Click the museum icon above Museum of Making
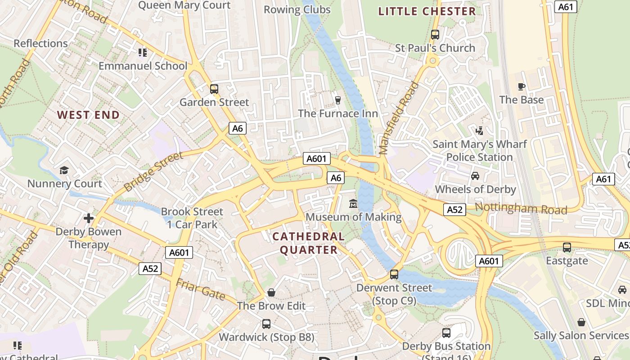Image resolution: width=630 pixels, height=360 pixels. pos(353,204)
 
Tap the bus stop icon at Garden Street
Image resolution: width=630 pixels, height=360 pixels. pos(214,89)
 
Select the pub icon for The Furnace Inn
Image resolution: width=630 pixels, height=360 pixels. pos(338,100)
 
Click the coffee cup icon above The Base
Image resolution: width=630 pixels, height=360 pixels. pos(522,86)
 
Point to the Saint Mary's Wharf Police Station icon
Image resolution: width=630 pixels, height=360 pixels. pos(480,131)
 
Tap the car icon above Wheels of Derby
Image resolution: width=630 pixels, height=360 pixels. pos(475,176)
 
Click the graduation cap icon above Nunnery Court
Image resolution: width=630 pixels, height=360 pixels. pos(64,171)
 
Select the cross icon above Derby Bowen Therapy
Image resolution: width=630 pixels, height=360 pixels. pos(89,218)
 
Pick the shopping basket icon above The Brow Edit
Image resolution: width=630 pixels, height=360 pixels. pos(271,293)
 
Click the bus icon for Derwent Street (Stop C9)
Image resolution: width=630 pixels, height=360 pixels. pos(394,274)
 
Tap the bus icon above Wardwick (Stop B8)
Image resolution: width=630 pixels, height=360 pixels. pos(266,324)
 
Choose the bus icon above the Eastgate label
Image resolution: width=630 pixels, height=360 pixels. pos(567,247)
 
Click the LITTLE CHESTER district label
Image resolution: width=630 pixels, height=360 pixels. pos(427,12)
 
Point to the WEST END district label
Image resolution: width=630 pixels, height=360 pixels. pos(89,115)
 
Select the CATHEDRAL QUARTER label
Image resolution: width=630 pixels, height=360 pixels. pos(309,243)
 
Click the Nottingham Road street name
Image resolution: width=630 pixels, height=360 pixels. pos(521,208)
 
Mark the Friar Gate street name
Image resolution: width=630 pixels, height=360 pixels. pos(201,289)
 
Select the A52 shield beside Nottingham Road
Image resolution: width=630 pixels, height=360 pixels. pos(454,210)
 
